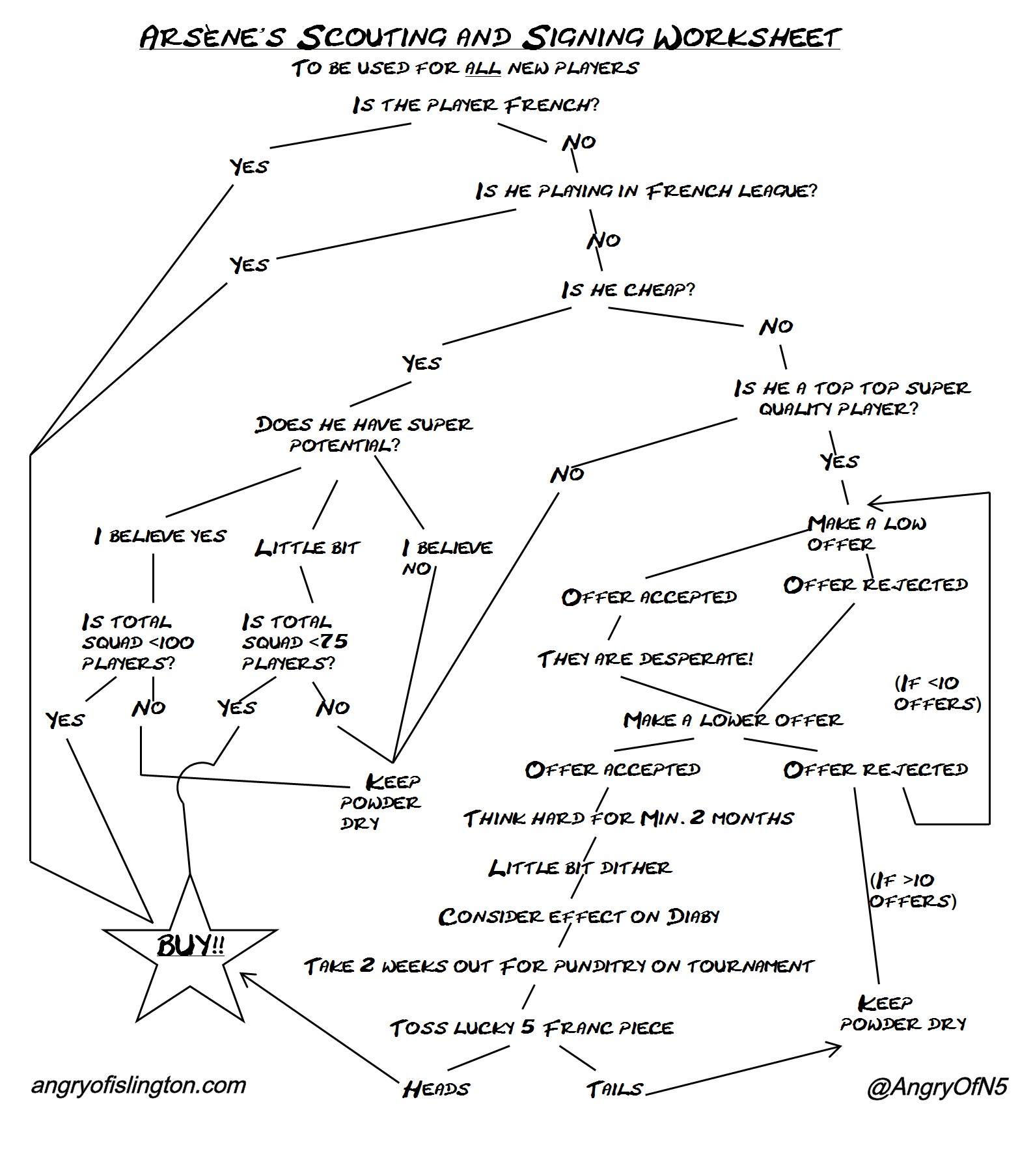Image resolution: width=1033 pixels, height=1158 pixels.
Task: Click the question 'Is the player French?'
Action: pyautogui.click(x=475, y=105)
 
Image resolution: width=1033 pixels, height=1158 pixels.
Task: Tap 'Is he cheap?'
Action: pyautogui.click(x=628, y=290)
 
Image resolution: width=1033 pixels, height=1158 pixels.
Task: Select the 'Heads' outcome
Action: pyautogui.click(x=436, y=1089)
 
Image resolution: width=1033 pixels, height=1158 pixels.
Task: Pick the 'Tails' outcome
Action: pyautogui.click(x=614, y=1089)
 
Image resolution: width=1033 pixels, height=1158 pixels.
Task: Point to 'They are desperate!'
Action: pyautogui.click(x=645, y=659)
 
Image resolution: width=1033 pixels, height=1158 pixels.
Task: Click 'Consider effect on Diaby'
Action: pyautogui.click(x=579, y=917)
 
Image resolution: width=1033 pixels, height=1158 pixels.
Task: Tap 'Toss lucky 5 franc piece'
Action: pyautogui.click(x=532, y=1028)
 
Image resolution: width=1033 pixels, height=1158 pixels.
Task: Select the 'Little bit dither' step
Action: pyautogui.click(x=580, y=868)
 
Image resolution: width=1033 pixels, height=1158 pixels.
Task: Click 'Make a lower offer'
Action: pyautogui.click(x=733, y=720)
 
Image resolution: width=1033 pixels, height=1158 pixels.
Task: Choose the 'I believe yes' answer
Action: pyautogui.click(x=160, y=536)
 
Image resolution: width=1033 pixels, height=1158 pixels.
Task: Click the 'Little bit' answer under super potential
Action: pyautogui.click(x=307, y=548)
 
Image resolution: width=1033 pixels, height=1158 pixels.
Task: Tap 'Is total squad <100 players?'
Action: pyautogui.click(x=137, y=642)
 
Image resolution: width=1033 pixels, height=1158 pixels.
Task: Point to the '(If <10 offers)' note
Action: pyautogui.click(x=937, y=693)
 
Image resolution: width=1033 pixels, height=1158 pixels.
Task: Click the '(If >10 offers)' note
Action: pyautogui.click(x=913, y=890)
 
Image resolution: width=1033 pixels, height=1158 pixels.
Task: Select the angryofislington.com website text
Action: pyautogui.click(x=139, y=1085)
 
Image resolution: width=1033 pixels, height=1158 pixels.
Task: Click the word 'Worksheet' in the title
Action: pyautogui.click(x=747, y=37)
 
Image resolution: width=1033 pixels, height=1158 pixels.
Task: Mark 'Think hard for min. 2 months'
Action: pyautogui.click(x=628, y=818)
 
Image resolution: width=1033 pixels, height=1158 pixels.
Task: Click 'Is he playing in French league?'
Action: pyautogui.click(x=646, y=191)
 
